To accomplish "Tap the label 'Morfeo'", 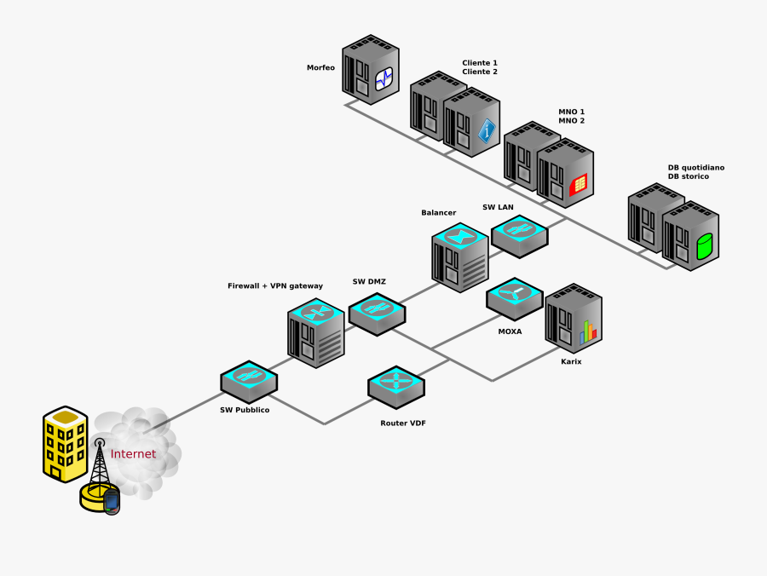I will click(x=321, y=67).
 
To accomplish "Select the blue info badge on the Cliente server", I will click(x=487, y=130).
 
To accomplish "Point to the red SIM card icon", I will click(x=579, y=182).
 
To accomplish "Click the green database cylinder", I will click(x=705, y=246).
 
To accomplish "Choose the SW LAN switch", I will click(x=519, y=235).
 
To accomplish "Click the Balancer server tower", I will click(x=460, y=256).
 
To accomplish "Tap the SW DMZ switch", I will click(x=377, y=313).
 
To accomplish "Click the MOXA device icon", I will click(x=515, y=298).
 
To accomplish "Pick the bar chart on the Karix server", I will click(x=588, y=331).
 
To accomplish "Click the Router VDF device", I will click(x=396, y=386).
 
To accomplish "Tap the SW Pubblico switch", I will click(x=249, y=380).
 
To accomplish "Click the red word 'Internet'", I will click(x=133, y=454).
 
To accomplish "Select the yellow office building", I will click(x=66, y=443).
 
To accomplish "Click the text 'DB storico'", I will click(x=688, y=176).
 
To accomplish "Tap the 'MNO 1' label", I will click(x=571, y=112).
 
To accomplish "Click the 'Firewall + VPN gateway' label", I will click(x=275, y=285).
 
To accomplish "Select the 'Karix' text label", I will click(x=571, y=361).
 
